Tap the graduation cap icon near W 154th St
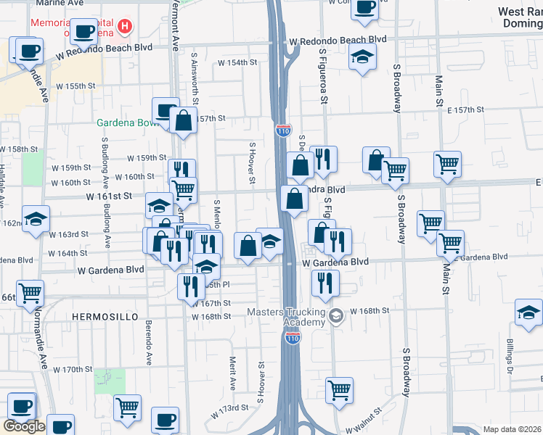pyautogui.click(x=362, y=56)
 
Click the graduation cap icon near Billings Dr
pyautogui.click(x=528, y=313)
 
